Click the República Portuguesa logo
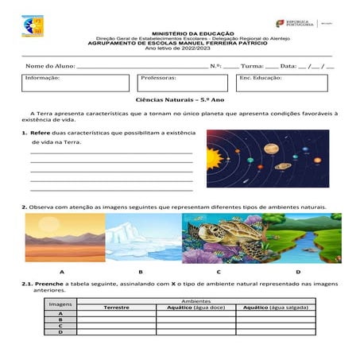[x=296, y=24]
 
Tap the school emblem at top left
[x=33, y=27]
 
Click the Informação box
[x=75, y=83]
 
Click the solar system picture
[x=268, y=159]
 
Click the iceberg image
[x=143, y=237]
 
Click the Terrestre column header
[x=115, y=308]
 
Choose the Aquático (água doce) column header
[x=195, y=308]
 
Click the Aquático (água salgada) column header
[x=276, y=308]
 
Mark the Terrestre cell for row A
[x=115, y=314]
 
